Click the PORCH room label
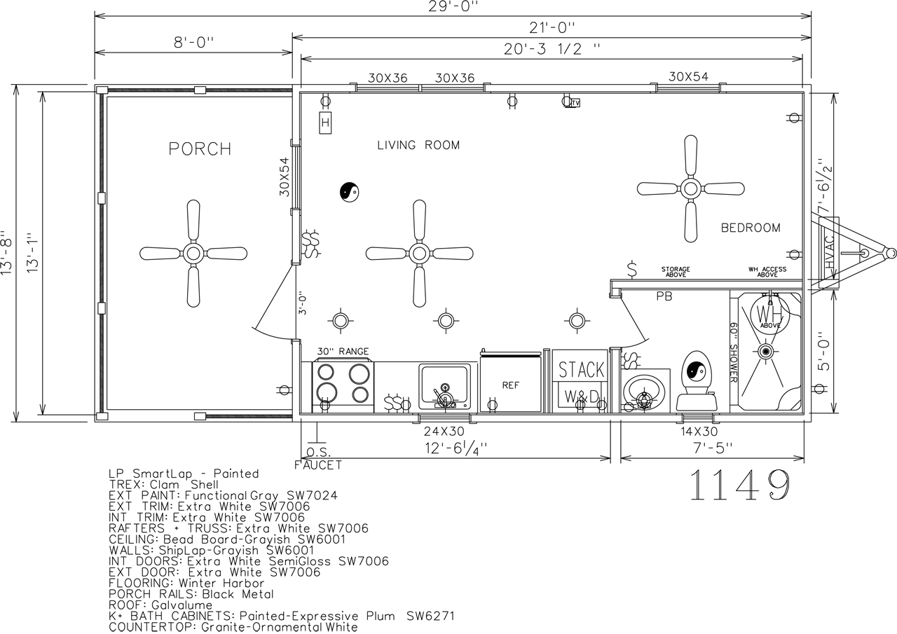(200, 149)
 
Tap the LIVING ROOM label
(418, 145)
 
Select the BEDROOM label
(751, 228)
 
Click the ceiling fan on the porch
(193, 254)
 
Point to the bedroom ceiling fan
(691, 188)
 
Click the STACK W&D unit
(581, 381)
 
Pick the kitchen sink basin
(444, 387)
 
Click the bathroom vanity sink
(644, 392)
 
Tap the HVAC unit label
(828, 252)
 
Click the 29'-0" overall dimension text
(453, 6)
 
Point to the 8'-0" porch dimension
(194, 42)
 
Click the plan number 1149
(740, 485)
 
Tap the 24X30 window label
(444, 431)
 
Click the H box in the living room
(325, 123)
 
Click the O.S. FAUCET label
(318, 459)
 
